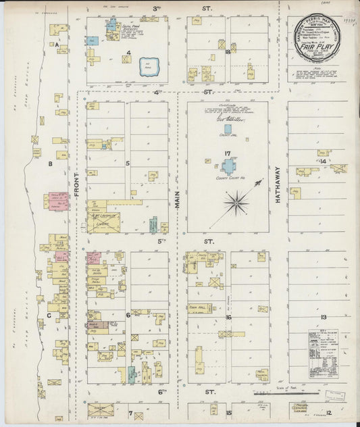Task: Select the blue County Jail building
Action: (x=227, y=128)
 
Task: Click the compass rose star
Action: (x=237, y=200)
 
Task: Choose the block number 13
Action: (x=324, y=317)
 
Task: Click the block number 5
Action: (x=127, y=163)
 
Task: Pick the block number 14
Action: (x=323, y=162)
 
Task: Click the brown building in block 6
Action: (x=96, y=326)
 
